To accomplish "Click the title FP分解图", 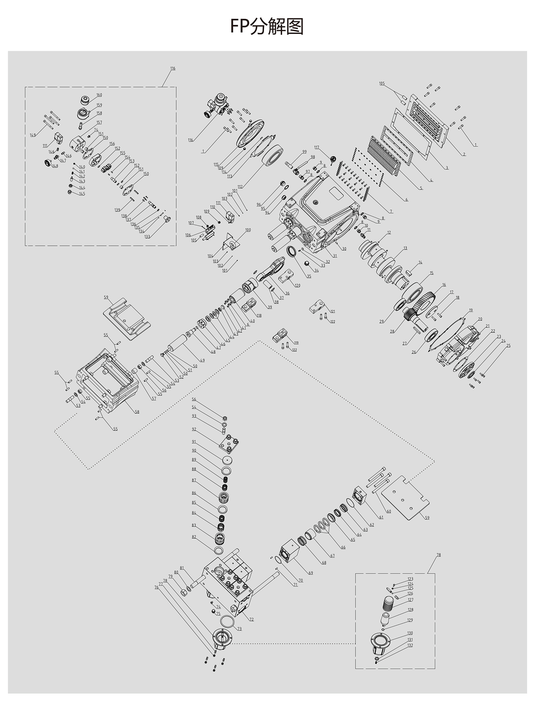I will [x=267, y=27].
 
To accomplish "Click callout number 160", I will [x=99, y=95].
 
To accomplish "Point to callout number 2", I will [x=464, y=154].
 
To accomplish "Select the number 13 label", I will [x=405, y=248].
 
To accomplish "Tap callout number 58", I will [x=137, y=412].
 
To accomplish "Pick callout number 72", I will [x=251, y=619].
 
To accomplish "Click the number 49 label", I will [x=202, y=360].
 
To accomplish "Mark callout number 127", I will [x=410, y=600].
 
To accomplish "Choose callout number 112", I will [x=240, y=187].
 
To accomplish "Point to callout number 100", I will [x=248, y=230].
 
